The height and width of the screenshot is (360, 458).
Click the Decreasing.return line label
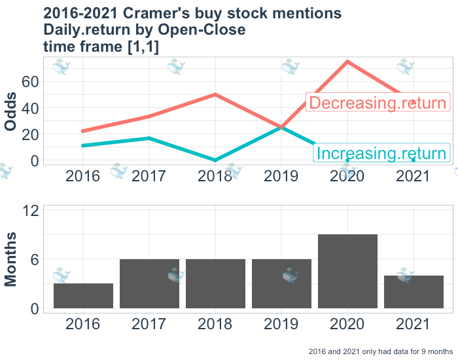[378, 103]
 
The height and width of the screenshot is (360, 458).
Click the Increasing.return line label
[381, 154]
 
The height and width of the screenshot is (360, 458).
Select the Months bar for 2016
[83, 296]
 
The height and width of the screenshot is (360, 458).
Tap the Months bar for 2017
[149, 283]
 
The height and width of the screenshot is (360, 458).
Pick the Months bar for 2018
[215, 283]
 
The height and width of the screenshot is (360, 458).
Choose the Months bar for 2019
[281, 283]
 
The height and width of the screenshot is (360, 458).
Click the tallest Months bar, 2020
[347, 271]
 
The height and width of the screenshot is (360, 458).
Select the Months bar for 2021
[414, 292]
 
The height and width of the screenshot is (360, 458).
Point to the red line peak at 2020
[347, 62]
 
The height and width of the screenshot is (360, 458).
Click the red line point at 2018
[215, 94]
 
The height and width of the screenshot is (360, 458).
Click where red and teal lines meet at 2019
[281, 127]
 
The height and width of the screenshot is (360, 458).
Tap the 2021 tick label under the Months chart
[414, 323]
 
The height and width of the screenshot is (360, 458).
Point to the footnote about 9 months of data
[381, 351]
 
